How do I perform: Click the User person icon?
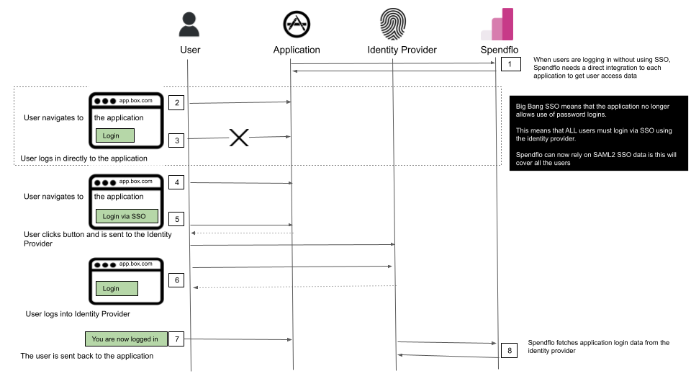point(189,24)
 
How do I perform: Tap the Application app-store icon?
point(297,24)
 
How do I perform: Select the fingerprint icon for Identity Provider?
point(393,24)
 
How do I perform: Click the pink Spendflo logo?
point(497,24)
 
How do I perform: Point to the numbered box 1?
point(510,64)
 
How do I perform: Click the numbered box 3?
point(177,140)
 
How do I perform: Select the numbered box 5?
point(177,219)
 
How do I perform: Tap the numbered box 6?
point(177,280)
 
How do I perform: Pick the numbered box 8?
point(510,351)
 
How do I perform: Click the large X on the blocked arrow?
point(239,138)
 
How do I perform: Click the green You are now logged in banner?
point(126,339)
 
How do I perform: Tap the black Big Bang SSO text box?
point(598,133)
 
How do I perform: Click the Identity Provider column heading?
point(402,50)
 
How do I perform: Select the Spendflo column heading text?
point(500,50)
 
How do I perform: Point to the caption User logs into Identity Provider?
point(78,314)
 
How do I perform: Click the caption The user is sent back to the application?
point(87,356)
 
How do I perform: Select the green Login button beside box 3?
point(115,135)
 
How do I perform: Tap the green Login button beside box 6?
point(117,288)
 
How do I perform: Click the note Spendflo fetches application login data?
point(598,346)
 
